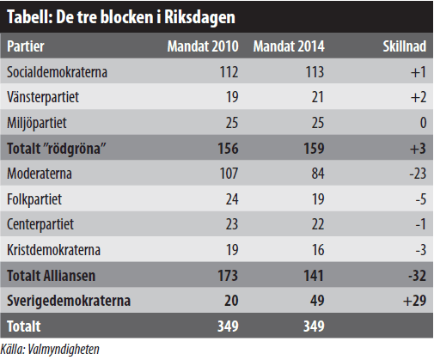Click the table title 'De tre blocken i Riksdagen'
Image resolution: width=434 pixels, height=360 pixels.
tap(121, 18)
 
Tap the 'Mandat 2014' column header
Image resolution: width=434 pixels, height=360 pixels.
tap(289, 46)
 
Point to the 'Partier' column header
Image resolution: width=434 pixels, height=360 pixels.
tap(27, 46)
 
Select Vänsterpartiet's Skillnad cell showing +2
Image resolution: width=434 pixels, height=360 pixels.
tap(418, 97)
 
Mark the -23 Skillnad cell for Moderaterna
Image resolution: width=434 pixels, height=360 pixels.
tap(417, 174)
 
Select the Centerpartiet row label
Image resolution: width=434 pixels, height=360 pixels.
tap(40, 225)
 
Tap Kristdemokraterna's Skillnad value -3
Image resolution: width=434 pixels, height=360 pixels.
tap(419, 251)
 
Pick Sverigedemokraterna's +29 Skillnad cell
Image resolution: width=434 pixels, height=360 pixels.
tap(415, 302)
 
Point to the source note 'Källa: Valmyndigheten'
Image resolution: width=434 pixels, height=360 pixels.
tap(52, 350)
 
